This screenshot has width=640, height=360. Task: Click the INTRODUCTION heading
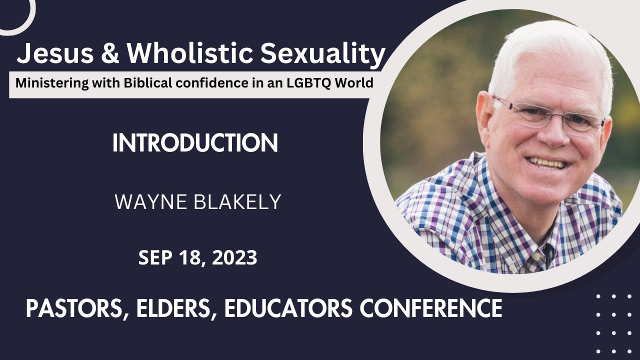pos(195,144)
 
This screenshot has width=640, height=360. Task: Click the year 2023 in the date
pos(235,258)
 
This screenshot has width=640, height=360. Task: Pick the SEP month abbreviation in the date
pos(155,258)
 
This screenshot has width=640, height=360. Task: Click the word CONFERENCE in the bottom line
pos(431,308)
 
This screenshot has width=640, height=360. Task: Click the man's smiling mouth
pos(546,162)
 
